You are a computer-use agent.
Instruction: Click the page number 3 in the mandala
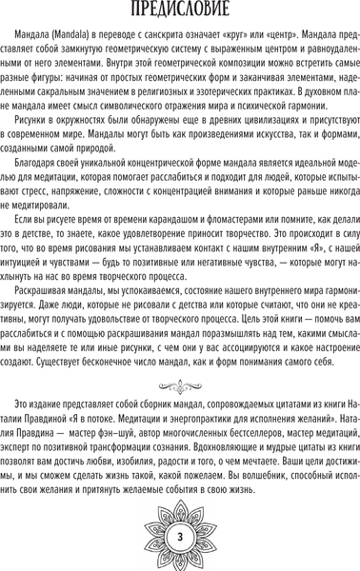point(180,541)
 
